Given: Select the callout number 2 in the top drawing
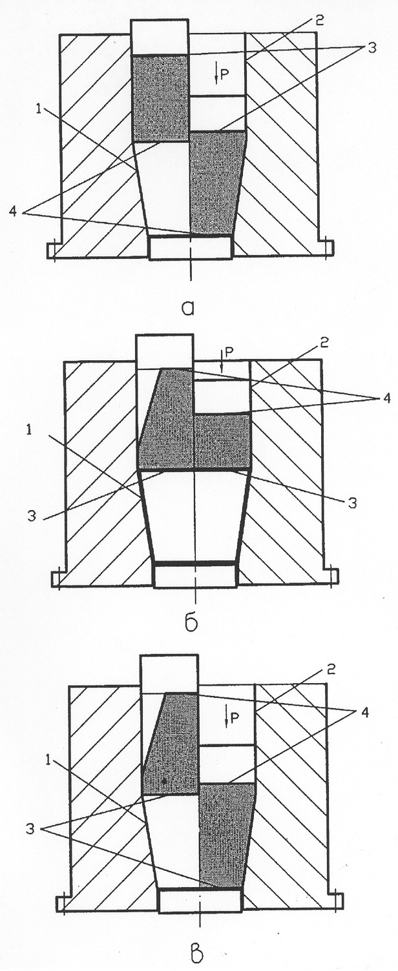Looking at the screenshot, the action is click(319, 21).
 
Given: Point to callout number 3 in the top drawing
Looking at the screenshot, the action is click(371, 48).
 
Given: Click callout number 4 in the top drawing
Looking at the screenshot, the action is click(14, 212).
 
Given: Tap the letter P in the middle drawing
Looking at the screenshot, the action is click(229, 354).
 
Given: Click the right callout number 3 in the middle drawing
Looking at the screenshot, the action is click(352, 504).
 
